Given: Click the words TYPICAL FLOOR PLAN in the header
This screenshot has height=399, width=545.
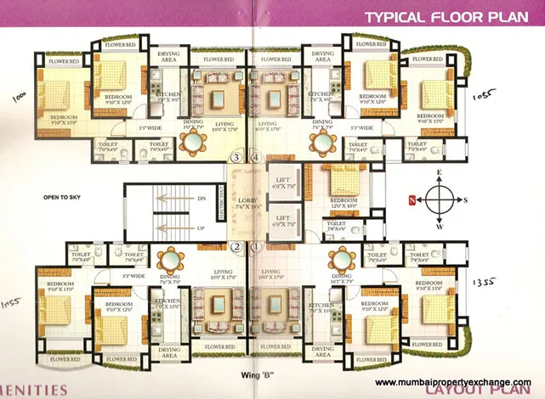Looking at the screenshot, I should pyautogui.click(x=449, y=16).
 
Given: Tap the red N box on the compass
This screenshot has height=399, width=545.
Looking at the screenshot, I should pyautogui.click(x=412, y=200).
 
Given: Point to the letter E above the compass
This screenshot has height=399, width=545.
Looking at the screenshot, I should pyautogui.click(x=440, y=172).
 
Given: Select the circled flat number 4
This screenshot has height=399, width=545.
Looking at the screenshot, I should pyautogui.click(x=256, y=156).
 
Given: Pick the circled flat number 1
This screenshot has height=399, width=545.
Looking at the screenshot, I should pyautogui.click(x=255, y=247).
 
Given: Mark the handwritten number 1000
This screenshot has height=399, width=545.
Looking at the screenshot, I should pyautogui.click(x=19, y=97).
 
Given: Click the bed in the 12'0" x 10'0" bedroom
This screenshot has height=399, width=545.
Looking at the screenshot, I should pyautogui.click(x=345, y=180).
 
